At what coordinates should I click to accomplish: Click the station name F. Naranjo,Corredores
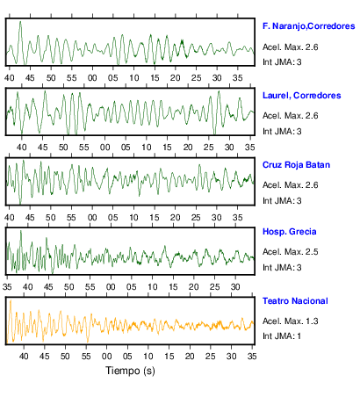tap(309, 26)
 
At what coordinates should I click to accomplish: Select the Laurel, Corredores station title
tap(302, 96)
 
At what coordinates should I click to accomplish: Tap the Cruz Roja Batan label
tap(296, 165)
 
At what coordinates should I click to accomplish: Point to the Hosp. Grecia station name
tap(290, 232)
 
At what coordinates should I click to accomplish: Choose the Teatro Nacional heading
tap(295, 301)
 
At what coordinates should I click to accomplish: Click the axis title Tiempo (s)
tap(130, 371)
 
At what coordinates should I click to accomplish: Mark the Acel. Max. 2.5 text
tap(291, 252)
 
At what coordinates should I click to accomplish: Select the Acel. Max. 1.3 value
tap(291, 321)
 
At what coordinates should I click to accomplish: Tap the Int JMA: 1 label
tap(282, 335)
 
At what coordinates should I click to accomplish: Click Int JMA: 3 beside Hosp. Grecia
tap(282, 267)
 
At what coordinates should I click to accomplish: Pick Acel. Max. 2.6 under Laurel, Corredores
tap(291, 116)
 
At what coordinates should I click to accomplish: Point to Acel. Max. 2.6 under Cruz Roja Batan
tap(291, 185)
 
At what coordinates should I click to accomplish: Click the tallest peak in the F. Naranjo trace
tap(20, 21)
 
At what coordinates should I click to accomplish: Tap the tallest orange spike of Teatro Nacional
tap(11, 300)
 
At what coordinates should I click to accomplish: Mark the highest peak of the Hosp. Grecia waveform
tap(21, 231)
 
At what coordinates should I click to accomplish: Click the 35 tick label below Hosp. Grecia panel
tap(7, 287)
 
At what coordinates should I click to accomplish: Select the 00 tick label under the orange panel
tap(107, 357)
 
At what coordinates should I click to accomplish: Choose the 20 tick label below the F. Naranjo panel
tap(176, 78)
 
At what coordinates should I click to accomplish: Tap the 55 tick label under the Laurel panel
tap(84, 147)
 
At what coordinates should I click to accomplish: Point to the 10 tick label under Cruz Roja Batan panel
tap(133, 218)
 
